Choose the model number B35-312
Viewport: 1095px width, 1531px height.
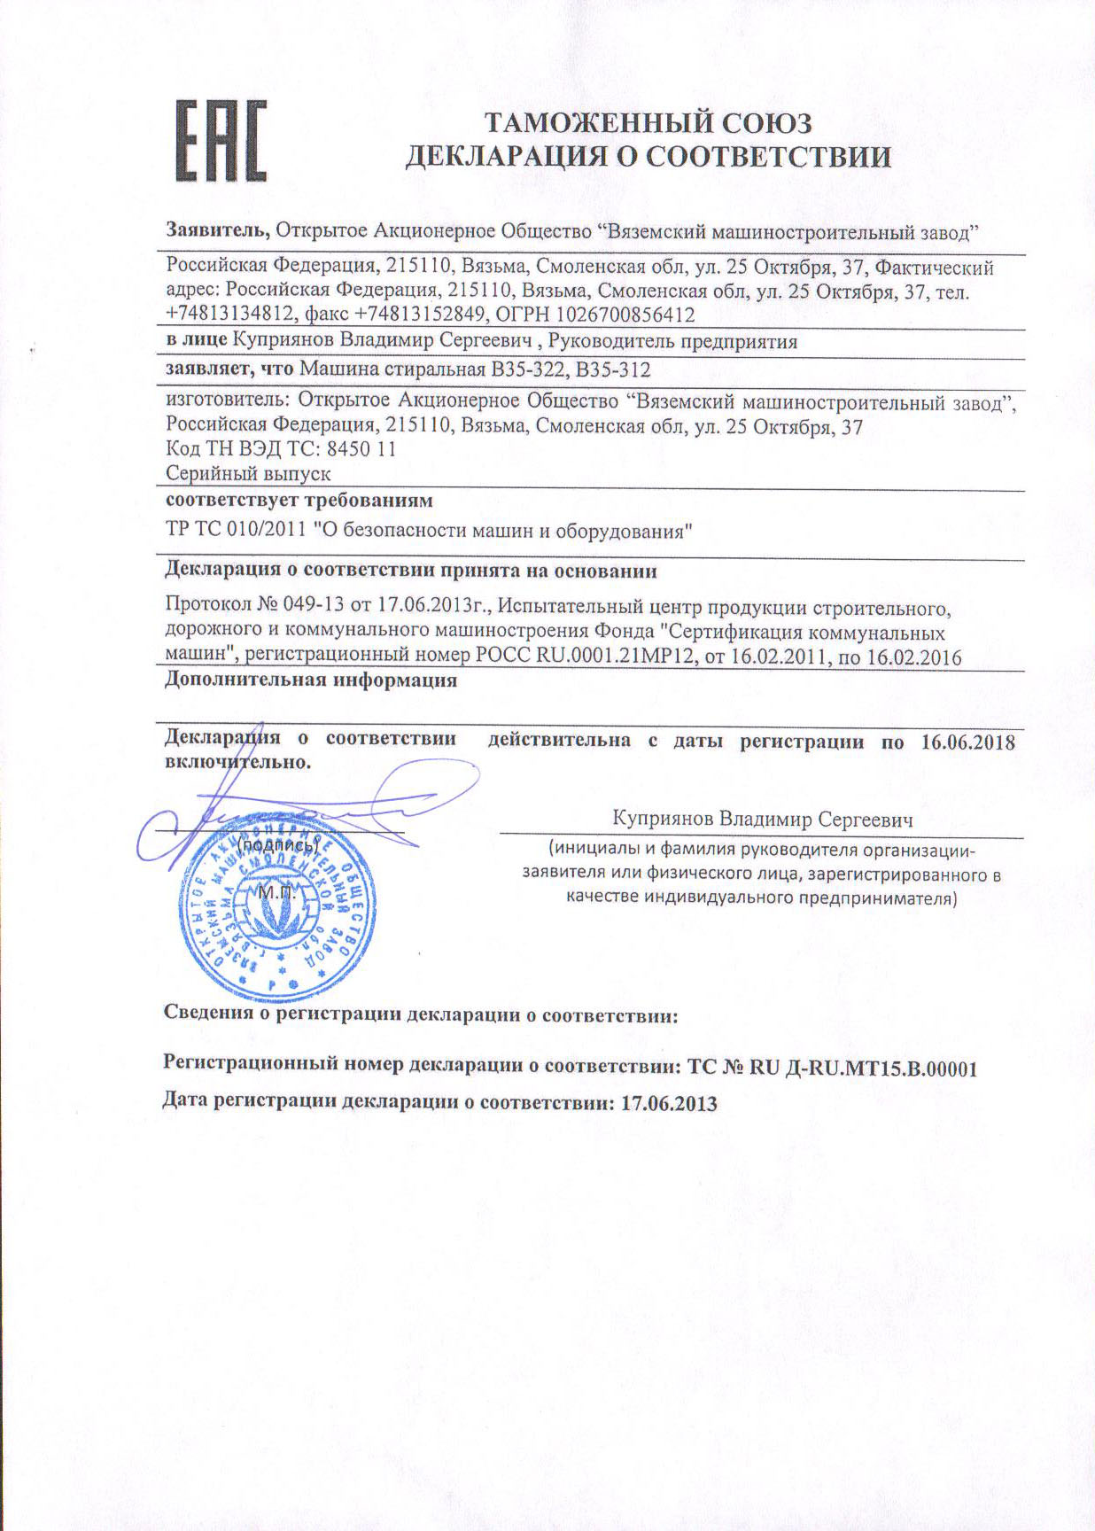coord(613,369)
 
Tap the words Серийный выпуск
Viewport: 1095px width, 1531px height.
coord(248,474)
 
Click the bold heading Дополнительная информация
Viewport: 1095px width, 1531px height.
coord(311,680)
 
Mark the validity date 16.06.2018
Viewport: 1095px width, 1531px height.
coord(967,742)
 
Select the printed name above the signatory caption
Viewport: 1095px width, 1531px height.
coord(762,820)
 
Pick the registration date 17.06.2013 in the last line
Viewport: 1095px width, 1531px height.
coord(669,1104)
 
